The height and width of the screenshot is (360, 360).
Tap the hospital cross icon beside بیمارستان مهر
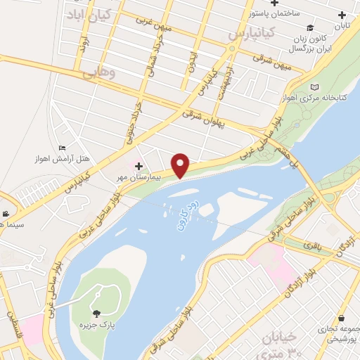139,167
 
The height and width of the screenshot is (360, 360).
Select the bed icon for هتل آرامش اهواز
63,148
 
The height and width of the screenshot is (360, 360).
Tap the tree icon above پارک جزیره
96,314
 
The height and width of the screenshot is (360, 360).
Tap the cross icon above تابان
342,15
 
